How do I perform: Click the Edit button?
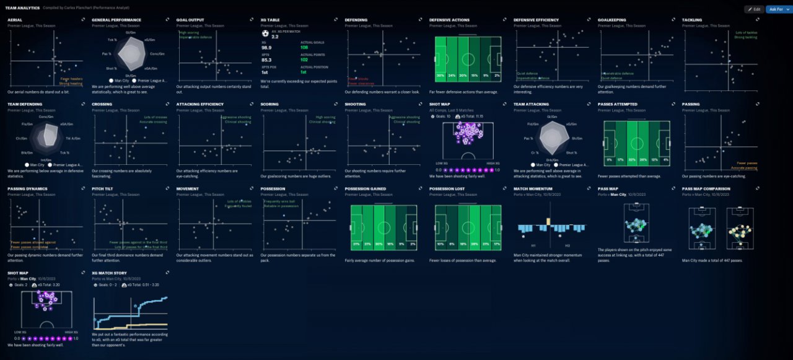coord(755,9)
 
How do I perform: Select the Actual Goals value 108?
coord(304,47)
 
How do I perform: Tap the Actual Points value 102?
coord(304,59)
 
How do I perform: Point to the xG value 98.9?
coord(266,47)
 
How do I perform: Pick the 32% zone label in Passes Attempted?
coord(631,159)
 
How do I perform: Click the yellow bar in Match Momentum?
coord(549,222)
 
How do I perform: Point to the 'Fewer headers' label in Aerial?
coord(71,79)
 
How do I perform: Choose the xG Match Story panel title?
coord(109,273)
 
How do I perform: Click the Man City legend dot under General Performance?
coord(110,81)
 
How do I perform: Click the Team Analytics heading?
coord(23,8)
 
